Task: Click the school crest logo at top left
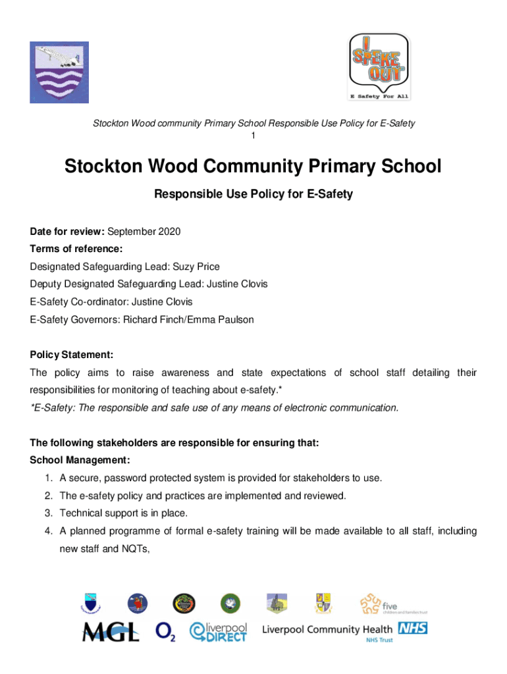[59, 72]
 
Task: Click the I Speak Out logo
[379, 66]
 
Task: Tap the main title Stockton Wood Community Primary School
[253, 167]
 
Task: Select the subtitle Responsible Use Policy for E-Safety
[253, 194]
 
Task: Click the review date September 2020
[144, 232]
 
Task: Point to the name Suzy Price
[196, 267]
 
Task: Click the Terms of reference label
[76, 249]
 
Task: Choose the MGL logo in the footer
[111, 632]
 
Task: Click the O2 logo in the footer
[165, 632]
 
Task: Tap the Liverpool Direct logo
[219, 631]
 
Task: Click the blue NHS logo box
[412, 629]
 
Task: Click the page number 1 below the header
[254, 136]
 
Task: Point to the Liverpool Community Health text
[327, 629]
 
